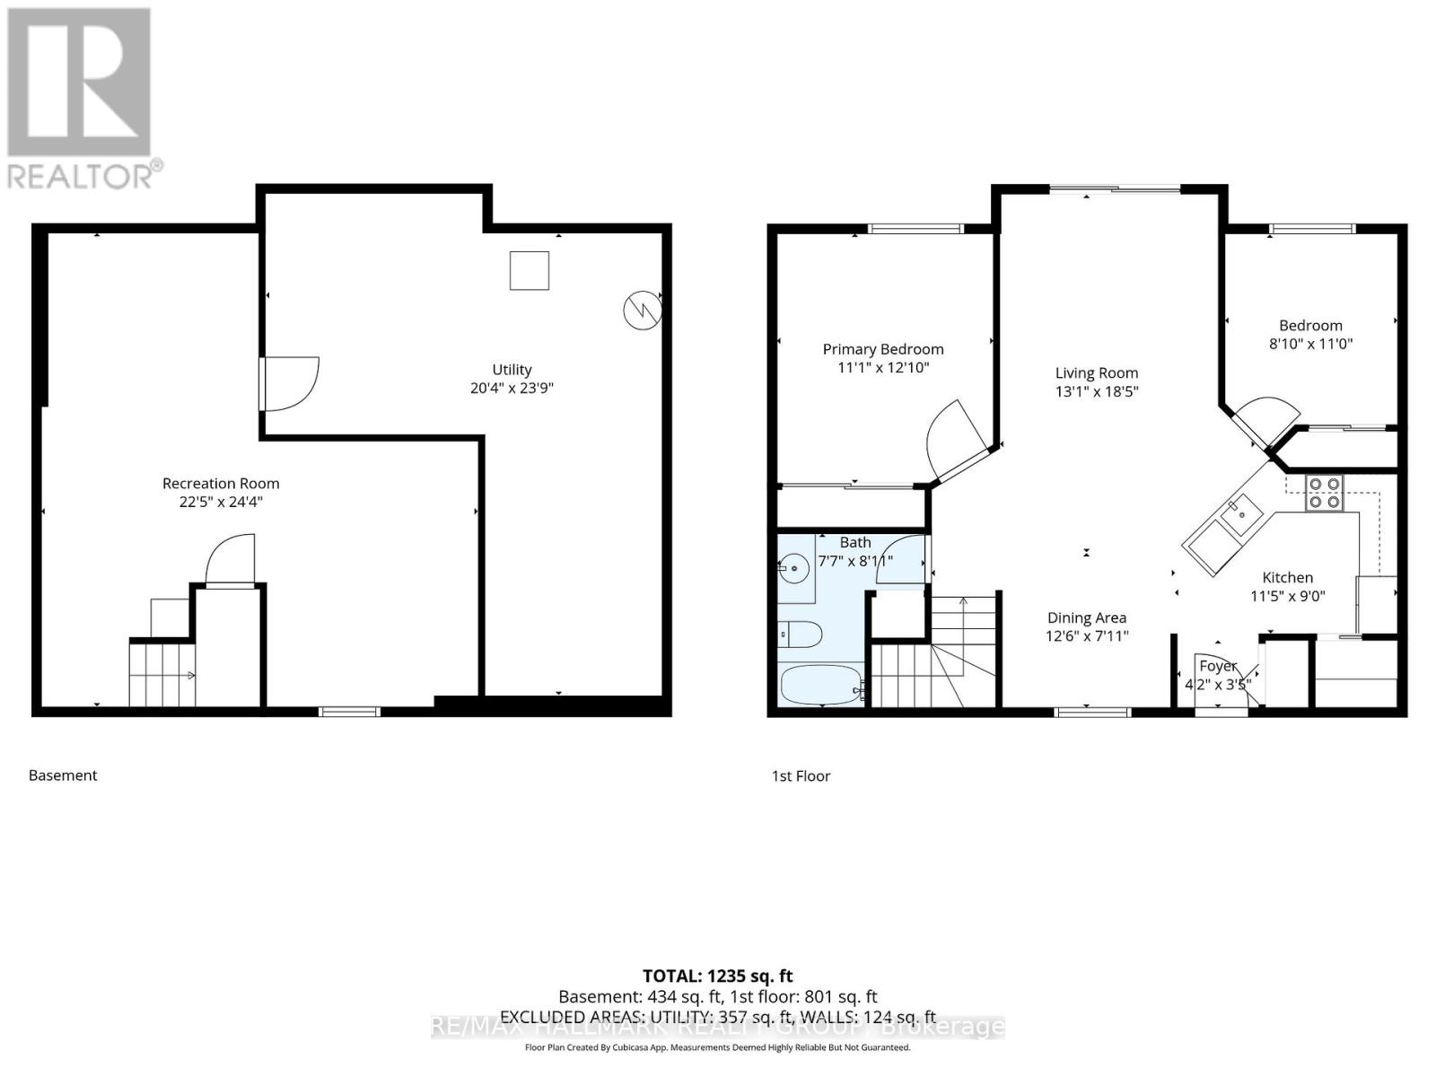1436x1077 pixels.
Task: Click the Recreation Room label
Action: [x=221, y=483]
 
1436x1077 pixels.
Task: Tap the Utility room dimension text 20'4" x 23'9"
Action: [x=512, y=389]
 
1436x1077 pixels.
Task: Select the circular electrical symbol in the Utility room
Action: [x=643, y=310]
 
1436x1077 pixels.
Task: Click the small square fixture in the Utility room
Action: [x=530, y=270]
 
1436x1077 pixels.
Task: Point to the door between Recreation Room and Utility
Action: [x=289, y=384]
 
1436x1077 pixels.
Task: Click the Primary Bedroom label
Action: [x=883, y=349]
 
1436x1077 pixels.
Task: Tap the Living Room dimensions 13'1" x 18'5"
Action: [x=1096, y=391]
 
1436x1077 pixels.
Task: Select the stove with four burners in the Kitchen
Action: [x=1325, y=493]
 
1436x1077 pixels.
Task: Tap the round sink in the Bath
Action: [x=793, y=568]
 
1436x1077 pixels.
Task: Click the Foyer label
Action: [x=1218, y=666]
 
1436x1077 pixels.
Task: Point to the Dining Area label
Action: [x=1086, y=617]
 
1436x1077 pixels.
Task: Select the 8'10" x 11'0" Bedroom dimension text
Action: [x=1310, y=344]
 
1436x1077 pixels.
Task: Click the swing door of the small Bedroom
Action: [x=1265, y=417]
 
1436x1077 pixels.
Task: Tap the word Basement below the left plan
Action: [x=63, y=775]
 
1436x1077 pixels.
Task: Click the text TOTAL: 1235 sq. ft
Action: [x=717, y=976]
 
